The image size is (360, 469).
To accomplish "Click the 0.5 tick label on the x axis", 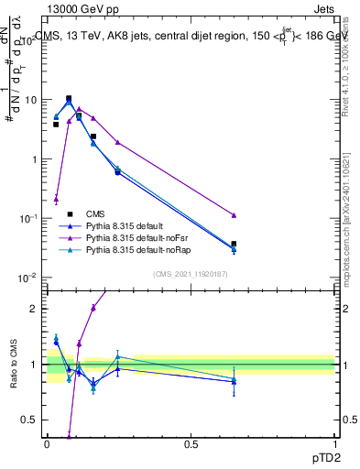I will tap(191, 444).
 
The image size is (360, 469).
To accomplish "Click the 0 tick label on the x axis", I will tap(47, 444).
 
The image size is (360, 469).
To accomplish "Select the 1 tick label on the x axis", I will tap(334, 444).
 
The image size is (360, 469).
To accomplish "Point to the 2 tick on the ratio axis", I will tap(33, 309).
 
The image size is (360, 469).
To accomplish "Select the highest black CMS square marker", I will tap(69, 98).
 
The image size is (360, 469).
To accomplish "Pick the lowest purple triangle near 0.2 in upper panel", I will tap(56, 198).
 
